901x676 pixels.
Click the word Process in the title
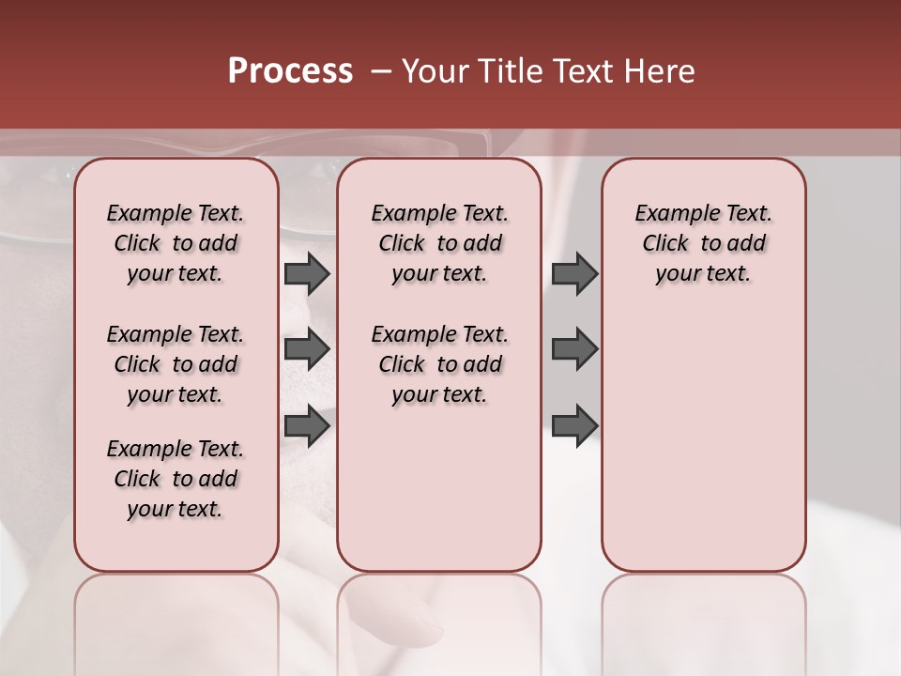tap(290, 71)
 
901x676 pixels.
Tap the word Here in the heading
tap(656, 71)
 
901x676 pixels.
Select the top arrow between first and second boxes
tap(307, 273)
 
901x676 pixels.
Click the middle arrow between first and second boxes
tap(307, 349)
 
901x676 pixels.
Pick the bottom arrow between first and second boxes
tap(307, 425)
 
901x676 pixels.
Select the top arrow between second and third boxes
tap(574, 273)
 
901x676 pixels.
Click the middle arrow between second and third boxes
tap(574, 349)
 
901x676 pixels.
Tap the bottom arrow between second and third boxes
tap(574, 425)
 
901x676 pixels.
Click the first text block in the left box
tap(176, 243)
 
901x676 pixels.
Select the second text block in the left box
tap(176, 364)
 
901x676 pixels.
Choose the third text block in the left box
tap(176, 479)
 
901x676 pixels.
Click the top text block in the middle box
tap(439, 243)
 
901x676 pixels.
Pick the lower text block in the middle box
tap(439, 364)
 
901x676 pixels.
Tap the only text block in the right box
tap(703, 243)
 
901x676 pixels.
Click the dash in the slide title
tap(380, 71)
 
